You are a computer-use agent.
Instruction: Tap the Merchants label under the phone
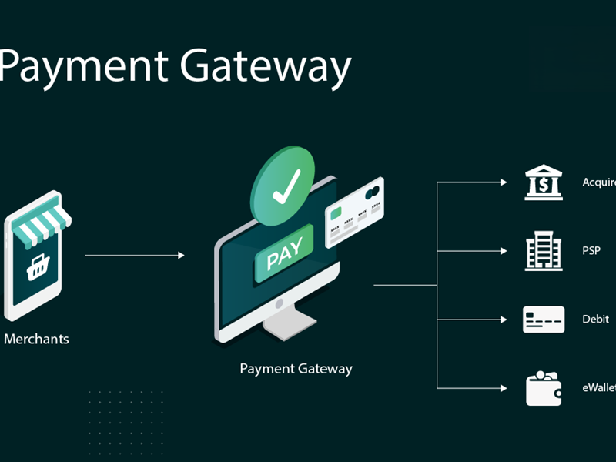tap(36, 339)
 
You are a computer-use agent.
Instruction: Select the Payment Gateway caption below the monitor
tap(296, 369)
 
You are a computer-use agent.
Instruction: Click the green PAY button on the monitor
tap(284, 254)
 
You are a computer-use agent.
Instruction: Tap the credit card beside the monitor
tap(354, 213)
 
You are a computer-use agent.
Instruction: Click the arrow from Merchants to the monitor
tap(135, 255)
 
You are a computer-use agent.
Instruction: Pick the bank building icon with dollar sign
tap(544, 182)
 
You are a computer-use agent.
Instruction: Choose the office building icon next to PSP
tap(544, 251)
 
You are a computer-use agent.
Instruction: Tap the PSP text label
tap(591, 251)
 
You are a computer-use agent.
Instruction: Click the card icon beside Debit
tap(544, 319)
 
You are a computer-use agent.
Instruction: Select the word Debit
tap(596, 319)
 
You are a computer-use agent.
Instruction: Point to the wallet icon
tap(544, 388)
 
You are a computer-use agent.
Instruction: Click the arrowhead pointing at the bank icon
tap(504, 182)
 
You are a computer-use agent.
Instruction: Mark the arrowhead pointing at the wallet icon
tap(504, 388)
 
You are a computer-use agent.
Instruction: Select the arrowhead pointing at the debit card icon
tap(504, 319)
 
